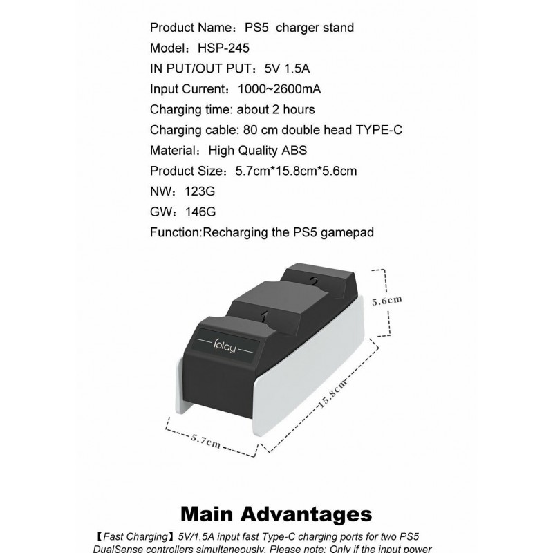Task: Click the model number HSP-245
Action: [224, 48]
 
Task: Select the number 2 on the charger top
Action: [313, 281]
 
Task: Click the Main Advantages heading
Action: [276, 514]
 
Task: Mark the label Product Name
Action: [187, 28]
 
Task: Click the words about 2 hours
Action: [276, 109]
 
